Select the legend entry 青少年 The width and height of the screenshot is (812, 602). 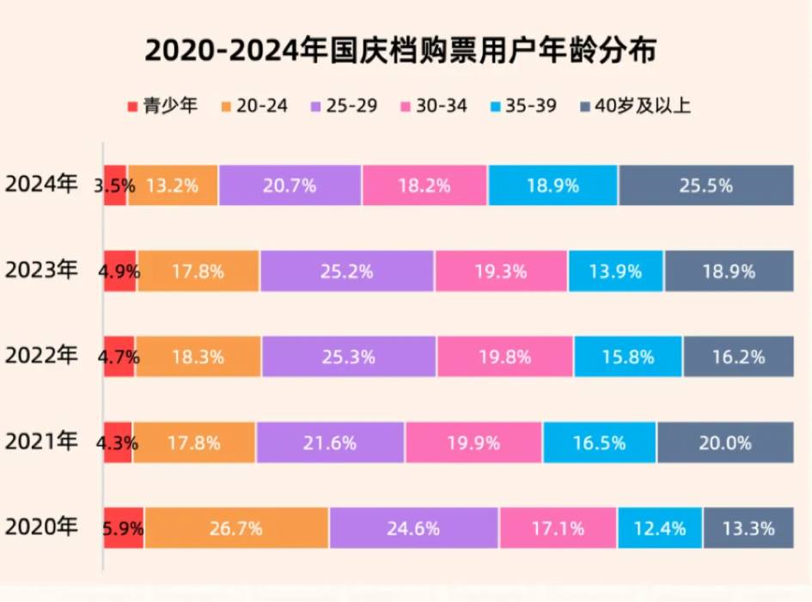coord(162,106)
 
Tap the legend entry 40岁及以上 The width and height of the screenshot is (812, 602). coord(637,106)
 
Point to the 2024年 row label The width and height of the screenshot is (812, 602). coord(41,185)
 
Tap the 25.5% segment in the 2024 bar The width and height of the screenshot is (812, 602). coord(705,185)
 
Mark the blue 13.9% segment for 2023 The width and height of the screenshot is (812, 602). coord(615,271)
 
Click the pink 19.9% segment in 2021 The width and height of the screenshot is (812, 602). coord(473,443)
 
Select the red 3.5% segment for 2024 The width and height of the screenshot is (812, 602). coord(115,185)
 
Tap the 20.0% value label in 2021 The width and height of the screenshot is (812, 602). coord(725,443)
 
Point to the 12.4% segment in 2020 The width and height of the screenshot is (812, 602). coord(660,528)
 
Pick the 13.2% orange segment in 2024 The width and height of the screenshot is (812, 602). coord(173,185)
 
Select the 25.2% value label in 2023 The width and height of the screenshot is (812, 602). coord(347,271)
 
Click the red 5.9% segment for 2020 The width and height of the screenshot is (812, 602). coord(123,528)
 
